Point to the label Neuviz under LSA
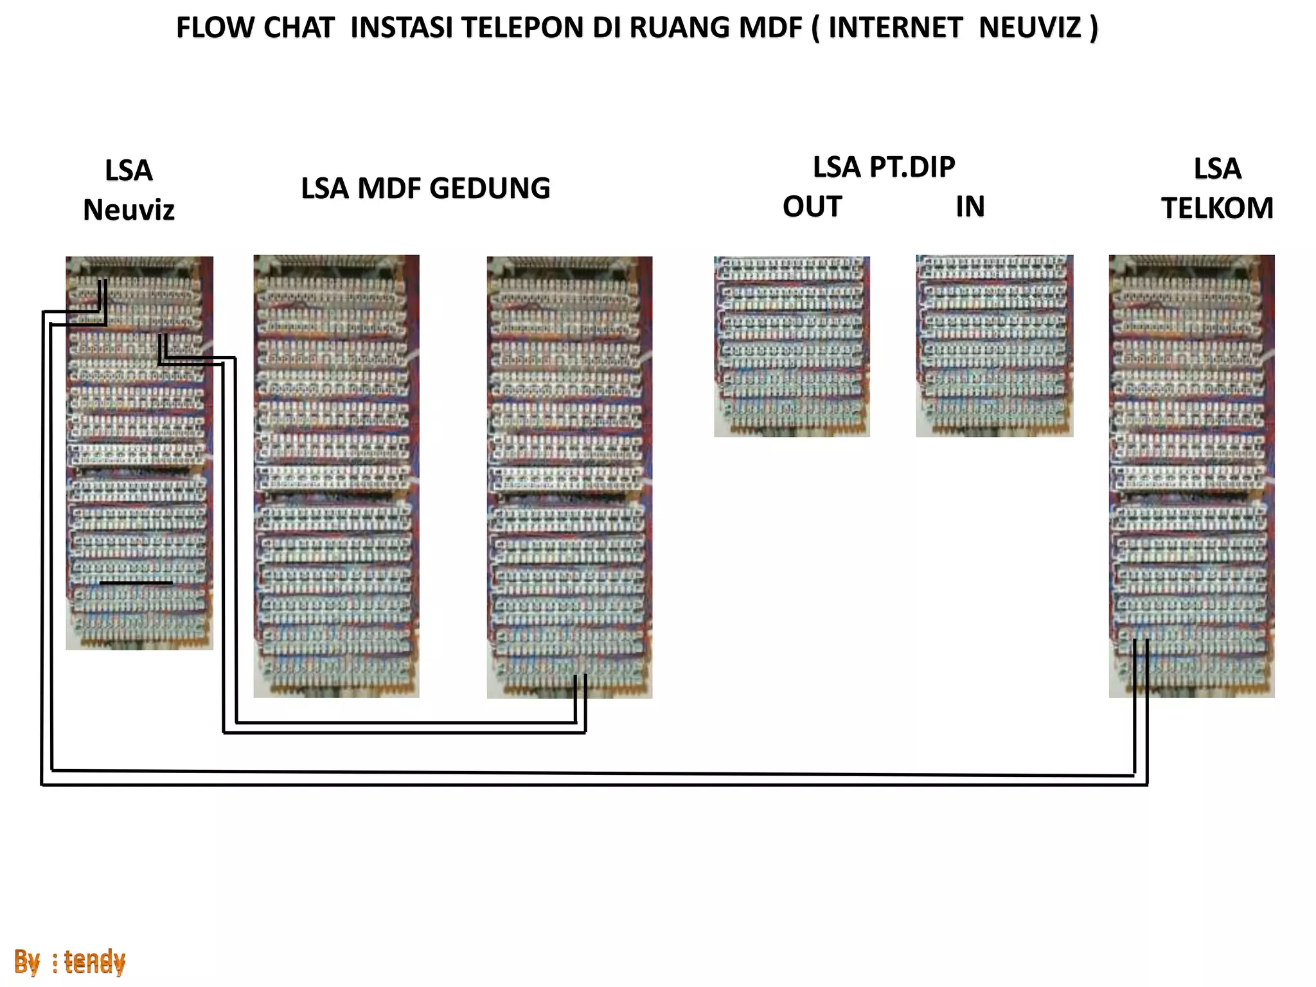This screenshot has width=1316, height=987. [x=129, y=210]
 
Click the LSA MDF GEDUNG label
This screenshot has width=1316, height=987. [x=425, y=189]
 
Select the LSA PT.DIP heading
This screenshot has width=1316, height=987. [x=884, y=167]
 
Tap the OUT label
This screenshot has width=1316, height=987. [x=812, y=207]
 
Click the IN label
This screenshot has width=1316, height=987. [x=970, y=207]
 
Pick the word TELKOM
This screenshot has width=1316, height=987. [x=1216, y=208]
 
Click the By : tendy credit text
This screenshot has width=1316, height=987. [x=69, y=961]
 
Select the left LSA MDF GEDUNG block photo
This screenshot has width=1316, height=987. [x=336, y=476]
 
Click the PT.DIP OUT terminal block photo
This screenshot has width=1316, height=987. [x=792, y=347]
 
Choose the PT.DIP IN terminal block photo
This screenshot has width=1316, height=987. [x=994, y=347]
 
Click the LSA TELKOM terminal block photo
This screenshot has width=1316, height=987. [x=1191, y=476]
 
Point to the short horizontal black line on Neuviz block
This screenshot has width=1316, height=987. [x=136, y=583]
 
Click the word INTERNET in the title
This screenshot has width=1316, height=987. [x=895, y=28]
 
